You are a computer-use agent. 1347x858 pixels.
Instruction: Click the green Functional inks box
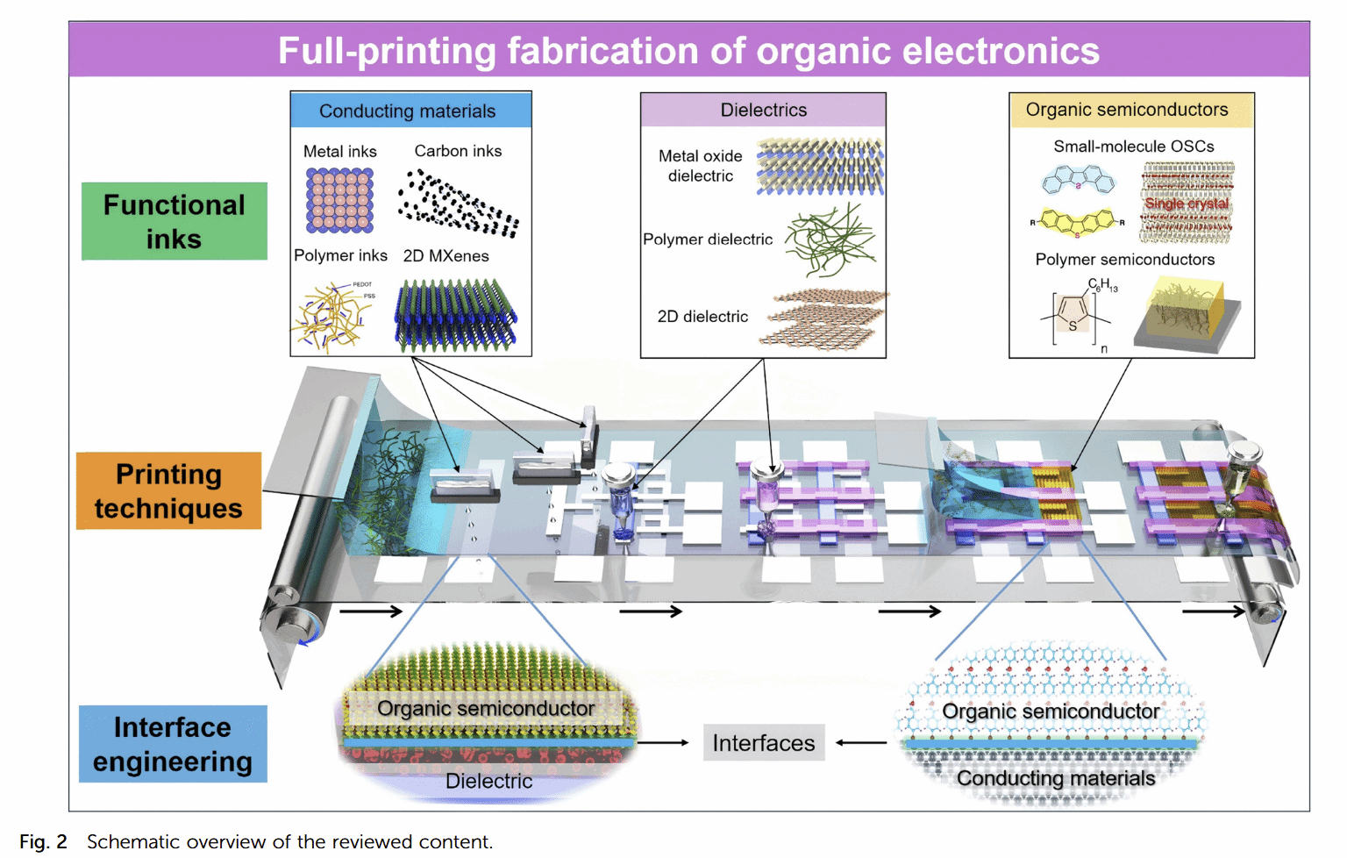[174, 221]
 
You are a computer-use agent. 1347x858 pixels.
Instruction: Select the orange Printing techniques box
[168, 490]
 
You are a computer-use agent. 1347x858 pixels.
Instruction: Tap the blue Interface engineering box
[173, 744]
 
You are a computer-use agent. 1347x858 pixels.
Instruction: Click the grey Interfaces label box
[763, 743]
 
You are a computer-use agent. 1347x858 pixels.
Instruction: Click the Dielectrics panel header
[763, 111]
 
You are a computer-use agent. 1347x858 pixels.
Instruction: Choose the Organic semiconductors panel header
[1130, 111]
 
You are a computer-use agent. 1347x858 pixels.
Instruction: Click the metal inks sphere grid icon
[340, 200]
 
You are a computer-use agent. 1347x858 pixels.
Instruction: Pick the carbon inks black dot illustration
[458, 204]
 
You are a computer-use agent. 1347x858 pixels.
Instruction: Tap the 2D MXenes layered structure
[455, 314]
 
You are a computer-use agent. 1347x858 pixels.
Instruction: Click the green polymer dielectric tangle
[830, 239]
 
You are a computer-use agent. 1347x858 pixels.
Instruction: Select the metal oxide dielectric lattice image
[820, 166]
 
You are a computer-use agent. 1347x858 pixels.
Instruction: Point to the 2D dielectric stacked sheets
[824, 318]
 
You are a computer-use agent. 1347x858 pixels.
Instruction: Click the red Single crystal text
[1187, 204]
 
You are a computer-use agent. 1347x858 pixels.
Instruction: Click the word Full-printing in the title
[387, 51]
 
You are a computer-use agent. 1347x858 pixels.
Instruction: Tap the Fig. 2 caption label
[43, 841]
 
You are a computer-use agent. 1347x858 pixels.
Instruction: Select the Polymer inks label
[340, 255]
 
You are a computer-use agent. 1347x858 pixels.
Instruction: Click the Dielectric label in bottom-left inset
[488, 781]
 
